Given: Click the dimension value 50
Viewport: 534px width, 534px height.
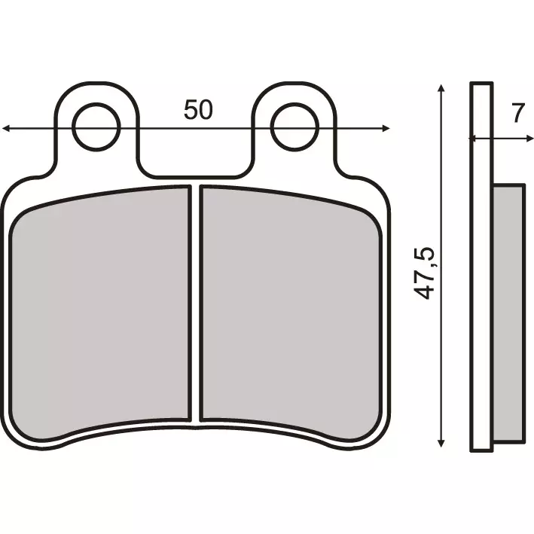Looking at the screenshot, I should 198,110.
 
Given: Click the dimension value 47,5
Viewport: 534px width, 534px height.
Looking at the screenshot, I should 426,272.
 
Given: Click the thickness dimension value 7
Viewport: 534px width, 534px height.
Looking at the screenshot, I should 516,114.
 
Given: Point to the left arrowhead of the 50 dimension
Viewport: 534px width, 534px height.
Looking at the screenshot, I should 7,129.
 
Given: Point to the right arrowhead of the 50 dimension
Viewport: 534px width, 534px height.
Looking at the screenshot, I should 386,129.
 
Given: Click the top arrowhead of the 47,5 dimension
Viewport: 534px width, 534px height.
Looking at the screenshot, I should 441,89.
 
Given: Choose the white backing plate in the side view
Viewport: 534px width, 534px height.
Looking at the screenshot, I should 482,301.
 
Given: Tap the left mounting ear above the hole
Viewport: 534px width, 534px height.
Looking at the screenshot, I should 98,93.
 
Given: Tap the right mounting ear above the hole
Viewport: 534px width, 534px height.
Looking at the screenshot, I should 293,93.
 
